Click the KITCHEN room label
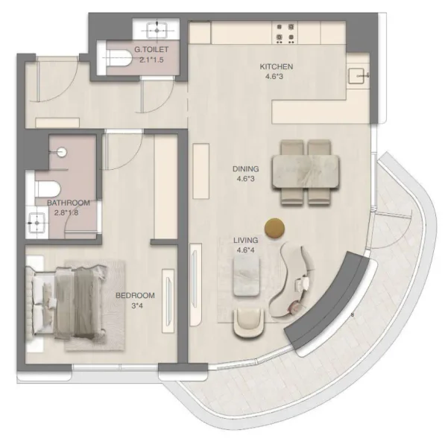[x=276, y=67]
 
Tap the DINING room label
[x=247, y=170]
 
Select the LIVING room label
[x=245, y=241]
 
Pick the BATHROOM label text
[x=68, y=203]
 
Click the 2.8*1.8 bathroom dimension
[x=68, y=213]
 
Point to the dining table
[x=307, y=170]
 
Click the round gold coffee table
[x=275, y=228]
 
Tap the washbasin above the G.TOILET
[x=157, y=28]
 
